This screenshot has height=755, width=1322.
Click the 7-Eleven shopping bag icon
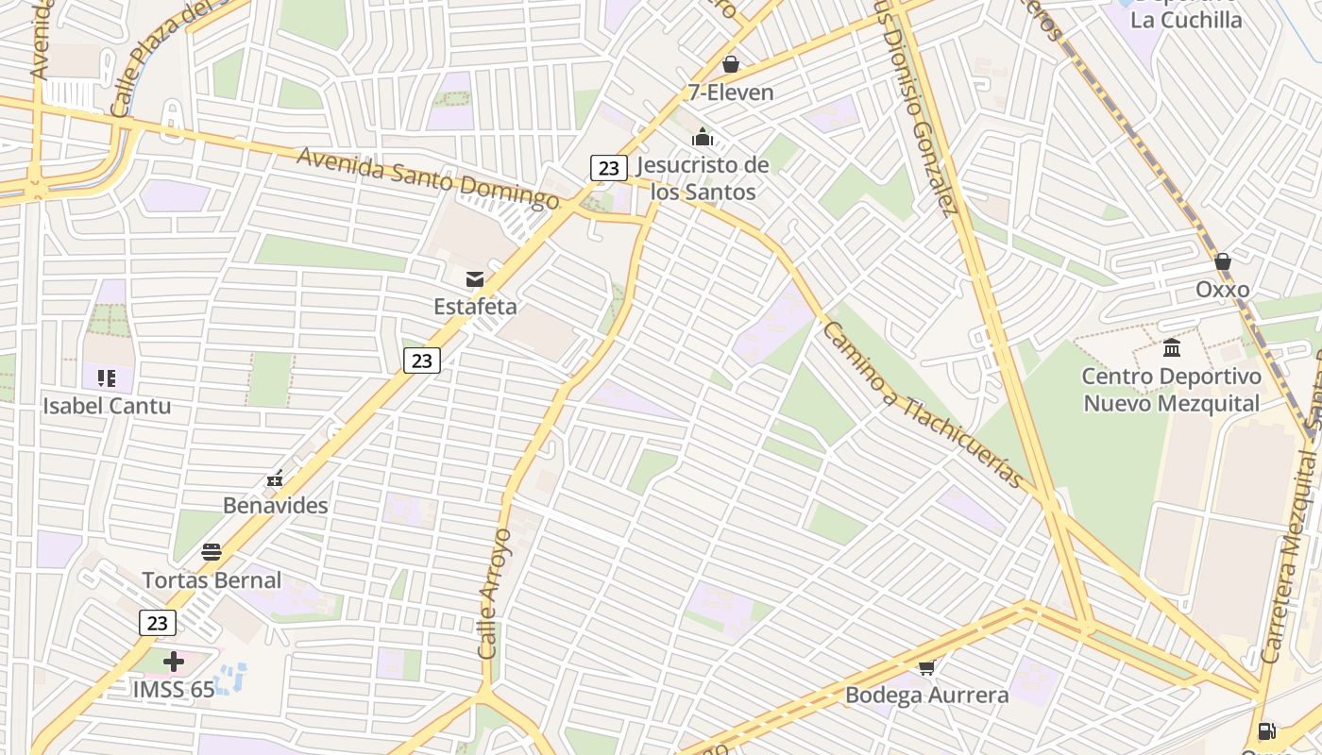point(730,65)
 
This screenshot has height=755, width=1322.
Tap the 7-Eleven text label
point(731,92)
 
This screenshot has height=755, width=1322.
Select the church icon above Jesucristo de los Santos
point(702,138)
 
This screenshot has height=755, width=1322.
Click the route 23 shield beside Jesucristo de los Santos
point(609,168)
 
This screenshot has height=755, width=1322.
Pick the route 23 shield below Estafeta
point(422,360)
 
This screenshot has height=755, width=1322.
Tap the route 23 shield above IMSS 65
point(158,623)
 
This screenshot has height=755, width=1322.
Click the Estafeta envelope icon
point(475,279)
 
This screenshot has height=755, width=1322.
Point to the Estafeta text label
point(475,307)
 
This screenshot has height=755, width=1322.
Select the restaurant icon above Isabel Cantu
point(107,379)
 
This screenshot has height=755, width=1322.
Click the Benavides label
point(276,505)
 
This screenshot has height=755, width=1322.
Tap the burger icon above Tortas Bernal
point(212,552)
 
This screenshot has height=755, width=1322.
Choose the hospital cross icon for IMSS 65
point(174,662)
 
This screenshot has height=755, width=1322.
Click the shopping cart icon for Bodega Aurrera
point(926,668)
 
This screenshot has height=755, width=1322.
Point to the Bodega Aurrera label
point(926,696)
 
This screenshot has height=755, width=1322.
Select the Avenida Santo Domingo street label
point(428,178)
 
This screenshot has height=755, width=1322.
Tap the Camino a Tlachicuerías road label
point(923,404)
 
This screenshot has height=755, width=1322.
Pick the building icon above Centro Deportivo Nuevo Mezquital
point(1172,348)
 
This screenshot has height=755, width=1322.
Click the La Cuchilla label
point(1186,20)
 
